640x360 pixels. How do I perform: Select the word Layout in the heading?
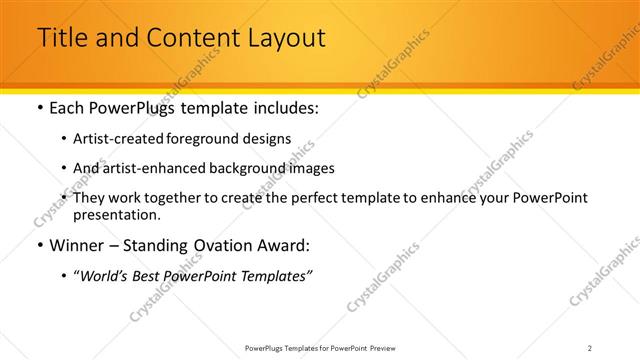283,38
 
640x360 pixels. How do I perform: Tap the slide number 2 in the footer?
590,347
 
